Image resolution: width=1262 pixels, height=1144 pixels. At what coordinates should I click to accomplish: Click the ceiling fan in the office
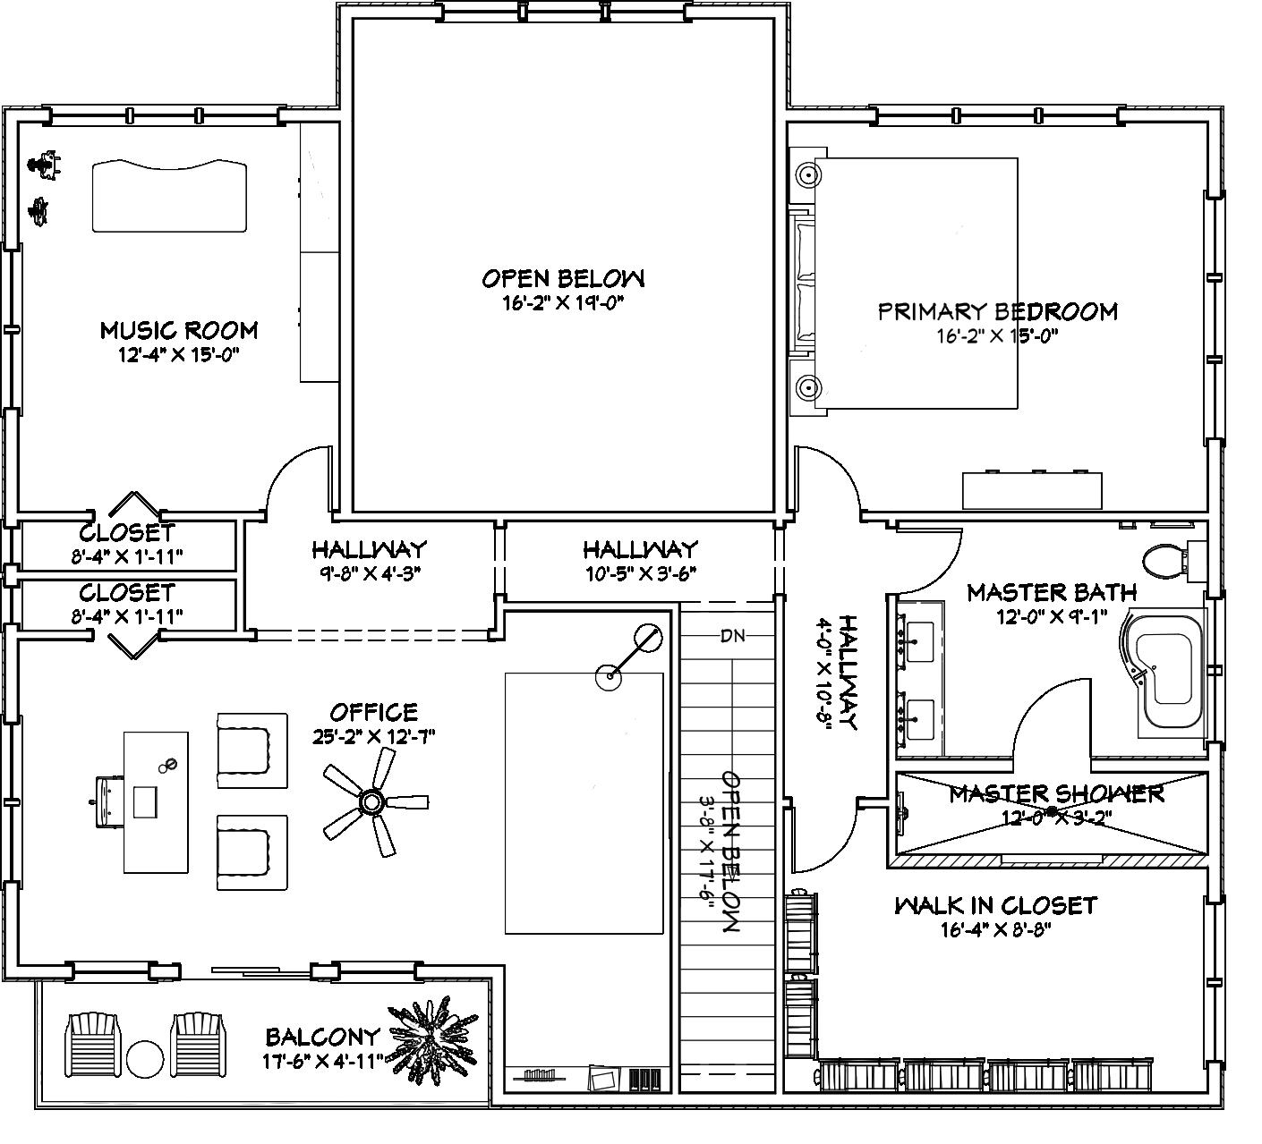372,801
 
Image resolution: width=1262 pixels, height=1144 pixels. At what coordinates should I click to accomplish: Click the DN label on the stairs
732,636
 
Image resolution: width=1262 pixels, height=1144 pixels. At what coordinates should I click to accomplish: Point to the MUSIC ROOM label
179,330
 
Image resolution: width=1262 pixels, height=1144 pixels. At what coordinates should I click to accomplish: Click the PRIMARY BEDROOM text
998,311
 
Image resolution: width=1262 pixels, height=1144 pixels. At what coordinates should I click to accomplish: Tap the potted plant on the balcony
433,1043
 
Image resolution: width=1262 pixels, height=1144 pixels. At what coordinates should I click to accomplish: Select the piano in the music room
169,195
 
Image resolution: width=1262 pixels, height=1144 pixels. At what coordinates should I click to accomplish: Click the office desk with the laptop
156,801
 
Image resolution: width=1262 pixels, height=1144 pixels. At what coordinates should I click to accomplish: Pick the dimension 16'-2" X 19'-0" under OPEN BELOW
563,304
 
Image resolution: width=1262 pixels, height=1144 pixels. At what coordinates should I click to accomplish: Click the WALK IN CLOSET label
996,906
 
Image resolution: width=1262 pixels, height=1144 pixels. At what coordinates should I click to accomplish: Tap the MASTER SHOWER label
1056,794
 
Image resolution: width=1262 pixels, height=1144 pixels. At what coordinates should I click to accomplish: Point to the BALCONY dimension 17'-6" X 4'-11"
323,1062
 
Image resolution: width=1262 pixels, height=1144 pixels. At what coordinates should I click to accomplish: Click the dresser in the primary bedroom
1032,490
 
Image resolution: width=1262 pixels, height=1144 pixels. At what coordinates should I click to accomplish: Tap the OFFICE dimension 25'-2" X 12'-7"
374,736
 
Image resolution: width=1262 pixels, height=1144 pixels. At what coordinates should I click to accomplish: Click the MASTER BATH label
1052,592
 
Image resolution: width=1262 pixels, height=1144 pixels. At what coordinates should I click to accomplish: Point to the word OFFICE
374,713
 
